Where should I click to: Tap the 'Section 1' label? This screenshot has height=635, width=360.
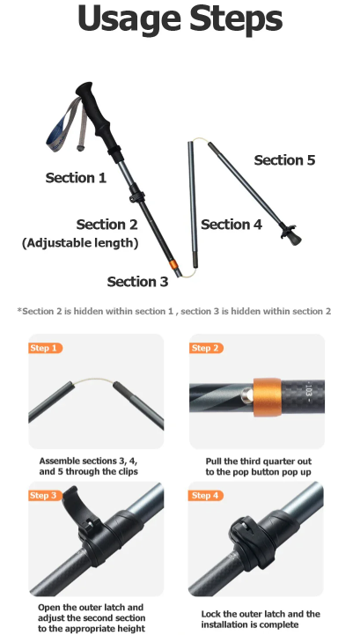pyautogui.click(x=76, y=178)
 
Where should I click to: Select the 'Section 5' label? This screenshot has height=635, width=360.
pyautogui.click(x=284, y=160)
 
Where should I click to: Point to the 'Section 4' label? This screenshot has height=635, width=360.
pyautogui.click(x=231, y=225)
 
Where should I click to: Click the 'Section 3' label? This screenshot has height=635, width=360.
pyautogui.click(x=137, y=282)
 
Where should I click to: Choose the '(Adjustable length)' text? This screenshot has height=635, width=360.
pyautogui.click(x=80, y=243)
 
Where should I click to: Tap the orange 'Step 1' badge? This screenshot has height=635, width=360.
pyautogui.click(x=46, y=348)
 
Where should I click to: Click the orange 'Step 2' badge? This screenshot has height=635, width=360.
pyautogui.click(x=207, y=348)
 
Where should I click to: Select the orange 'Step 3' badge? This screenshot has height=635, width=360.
pyautogui.click(x=46, y=496)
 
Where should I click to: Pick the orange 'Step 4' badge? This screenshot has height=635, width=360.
pyautogui.click(x=206, y=496)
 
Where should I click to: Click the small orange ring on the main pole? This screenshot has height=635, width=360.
pyautogui.click(x=173, y=265)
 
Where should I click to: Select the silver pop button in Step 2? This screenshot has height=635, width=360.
pyautogui.click(x=246, y=395)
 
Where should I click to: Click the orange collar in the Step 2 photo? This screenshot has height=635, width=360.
pyautogui.click(x=267, y=398)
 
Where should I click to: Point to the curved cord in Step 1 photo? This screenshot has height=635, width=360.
pyautogui.click(x=93, y=380)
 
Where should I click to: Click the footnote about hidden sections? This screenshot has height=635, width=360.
pyautogui.click(x=174, y=312)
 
